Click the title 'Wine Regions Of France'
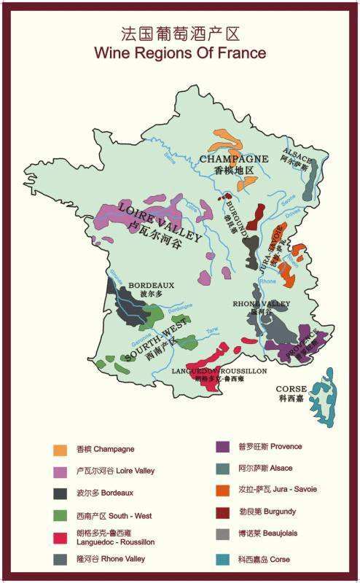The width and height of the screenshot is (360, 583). point(180,53)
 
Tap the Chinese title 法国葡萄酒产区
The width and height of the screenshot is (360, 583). point(180,34)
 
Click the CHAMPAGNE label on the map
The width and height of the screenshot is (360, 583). point(234,158)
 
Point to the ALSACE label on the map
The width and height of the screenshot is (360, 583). point(297,157)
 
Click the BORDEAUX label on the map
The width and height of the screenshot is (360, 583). point(152,285)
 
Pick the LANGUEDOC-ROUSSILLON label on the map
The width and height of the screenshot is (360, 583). point(219,371)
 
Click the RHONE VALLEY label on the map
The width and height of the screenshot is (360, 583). point(262,303)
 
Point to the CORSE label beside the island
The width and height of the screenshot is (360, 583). point(292,389)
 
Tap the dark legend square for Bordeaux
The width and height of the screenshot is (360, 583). point(60,493)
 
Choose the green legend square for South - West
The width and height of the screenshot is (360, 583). point(60,515)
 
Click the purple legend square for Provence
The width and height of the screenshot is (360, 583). point(224,447)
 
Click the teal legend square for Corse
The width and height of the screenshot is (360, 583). point(224,559)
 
